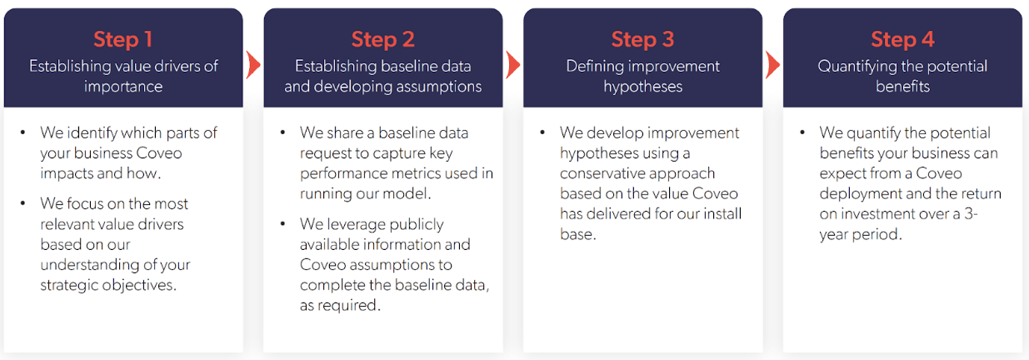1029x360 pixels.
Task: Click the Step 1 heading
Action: click(x=122, y=39)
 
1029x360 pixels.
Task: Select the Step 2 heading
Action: click(x=382, y=39)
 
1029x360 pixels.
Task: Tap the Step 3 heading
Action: click(x=642, y=39)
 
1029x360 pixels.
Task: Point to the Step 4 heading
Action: click(x=902, y=39)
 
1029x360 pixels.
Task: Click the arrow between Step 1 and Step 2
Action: click(x=253, y=65)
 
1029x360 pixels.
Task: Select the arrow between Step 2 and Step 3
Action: click(x=513, y=65)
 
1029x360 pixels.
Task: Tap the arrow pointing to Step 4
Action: click(x=773, y=65)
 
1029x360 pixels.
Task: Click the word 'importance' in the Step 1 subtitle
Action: click(x=123, y=87)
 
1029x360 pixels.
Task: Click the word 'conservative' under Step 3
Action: click(x=602, y=173)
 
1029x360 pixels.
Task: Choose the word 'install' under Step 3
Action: click(x=718, y=214)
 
